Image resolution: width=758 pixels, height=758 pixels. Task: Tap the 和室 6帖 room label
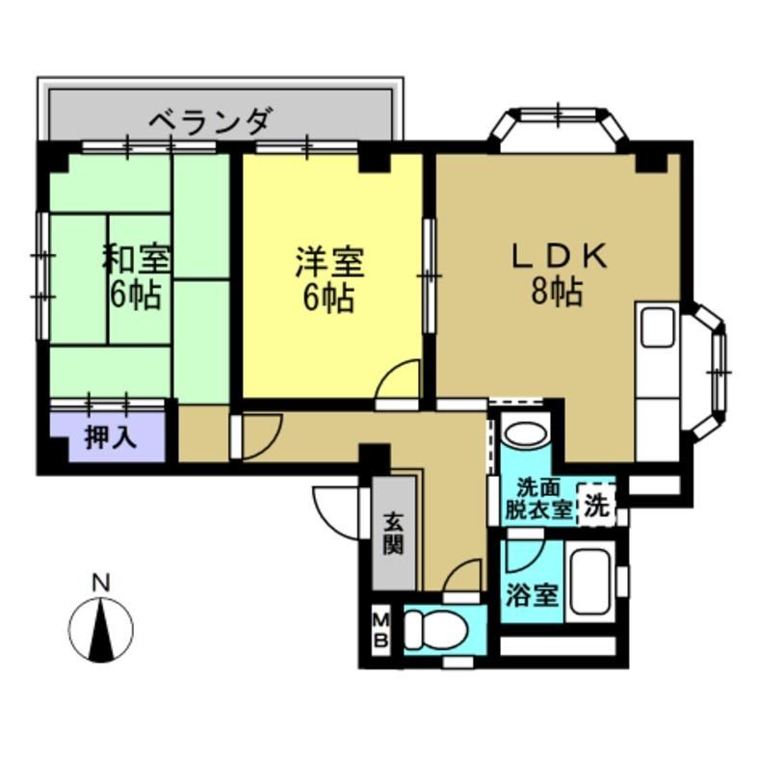click(136, 276)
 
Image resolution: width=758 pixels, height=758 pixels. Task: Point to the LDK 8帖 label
click(558, 274)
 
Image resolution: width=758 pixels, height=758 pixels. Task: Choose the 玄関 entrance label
click(393, 533)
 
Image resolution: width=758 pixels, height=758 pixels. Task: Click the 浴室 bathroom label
click(531, 595)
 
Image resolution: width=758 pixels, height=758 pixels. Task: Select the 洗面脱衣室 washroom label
click(538, 498)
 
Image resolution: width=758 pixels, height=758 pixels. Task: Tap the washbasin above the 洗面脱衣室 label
click(526, 435)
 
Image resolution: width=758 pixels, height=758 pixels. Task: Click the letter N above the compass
click(100, 583)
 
